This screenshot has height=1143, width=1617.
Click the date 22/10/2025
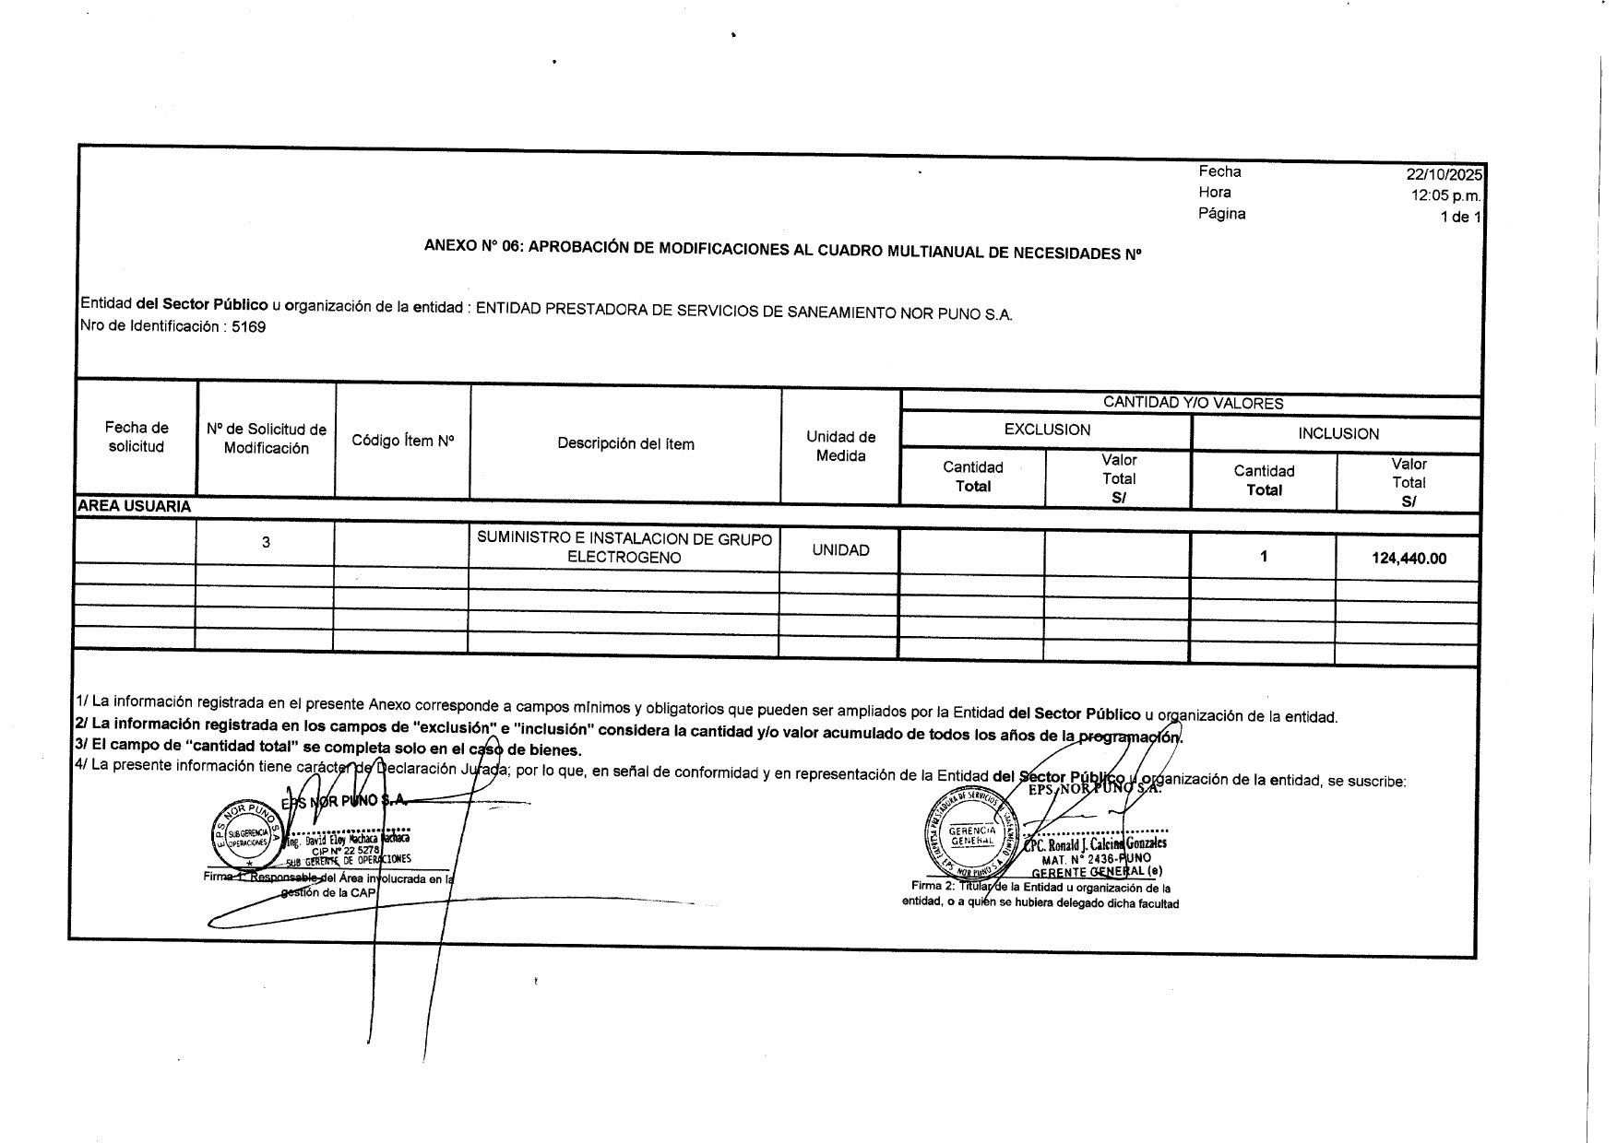(1443, 174)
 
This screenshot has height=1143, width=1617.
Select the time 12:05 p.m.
(1445, 195)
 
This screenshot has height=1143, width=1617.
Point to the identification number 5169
(249, 326)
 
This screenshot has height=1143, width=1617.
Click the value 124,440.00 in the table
(1409, 558)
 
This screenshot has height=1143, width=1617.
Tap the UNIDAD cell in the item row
(840, 550)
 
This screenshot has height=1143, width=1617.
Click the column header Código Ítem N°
(403, 441)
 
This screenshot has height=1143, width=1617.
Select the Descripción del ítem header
(625, 443)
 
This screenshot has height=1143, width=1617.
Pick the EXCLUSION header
(1047, 430)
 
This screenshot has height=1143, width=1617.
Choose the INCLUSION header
(1338, 433)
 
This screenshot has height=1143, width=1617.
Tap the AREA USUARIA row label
(135, 506)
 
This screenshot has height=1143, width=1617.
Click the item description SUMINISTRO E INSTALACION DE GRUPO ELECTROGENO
(624, 548)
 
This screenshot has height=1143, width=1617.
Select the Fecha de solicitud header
(137, 437)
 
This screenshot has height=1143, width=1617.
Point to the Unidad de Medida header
(840, 446)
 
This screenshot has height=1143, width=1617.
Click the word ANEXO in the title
(449, 246)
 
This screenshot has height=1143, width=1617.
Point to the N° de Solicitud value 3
(266, 542)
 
